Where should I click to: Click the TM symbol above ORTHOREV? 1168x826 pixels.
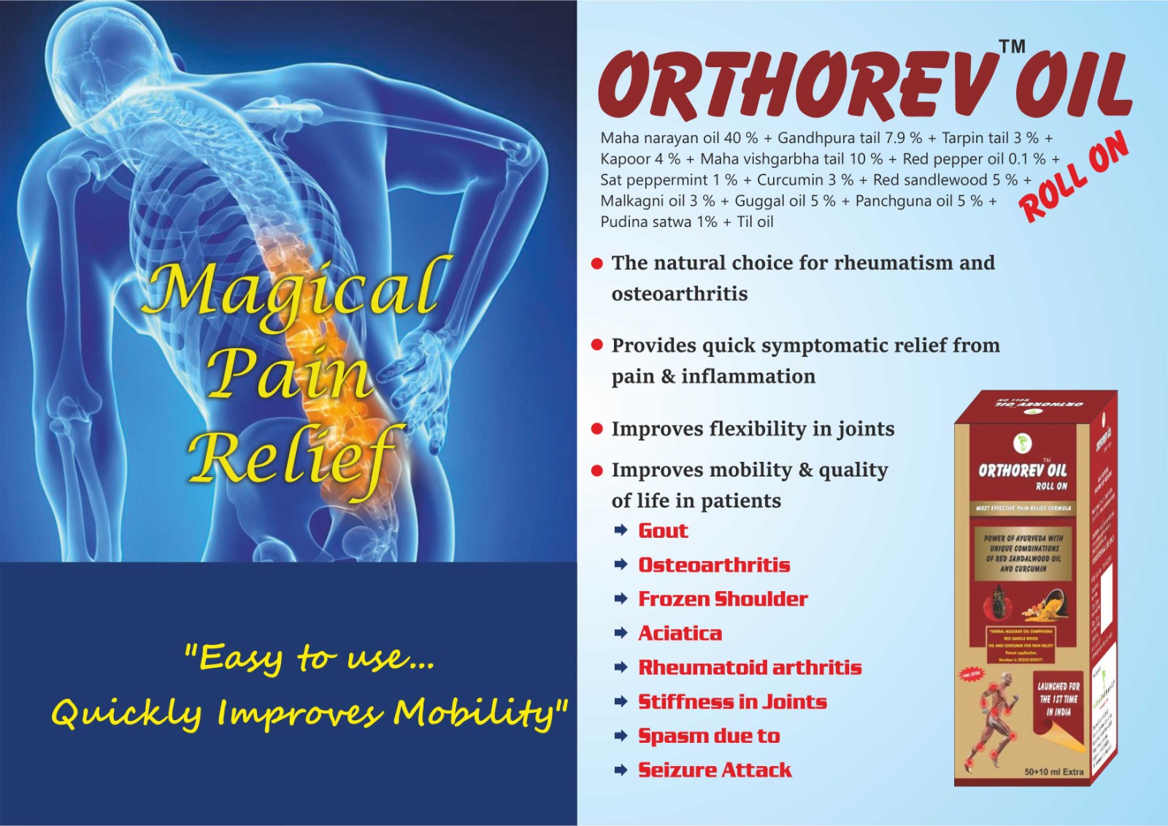pos(1012,47)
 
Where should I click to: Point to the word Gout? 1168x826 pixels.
pos(663,530)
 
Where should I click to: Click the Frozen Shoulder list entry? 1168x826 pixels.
pos(723,599)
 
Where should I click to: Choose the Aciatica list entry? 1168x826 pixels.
pos(680,633)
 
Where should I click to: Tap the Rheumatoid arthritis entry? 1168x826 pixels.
pos(750,668)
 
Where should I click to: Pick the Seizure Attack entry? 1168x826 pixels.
pos(715,770)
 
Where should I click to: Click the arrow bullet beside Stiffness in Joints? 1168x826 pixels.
pos(621,702)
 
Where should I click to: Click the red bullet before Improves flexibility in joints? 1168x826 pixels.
pos(597,429)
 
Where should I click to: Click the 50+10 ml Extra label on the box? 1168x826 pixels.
pos(1053,771)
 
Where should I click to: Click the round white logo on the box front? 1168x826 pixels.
pos(1023,442)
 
